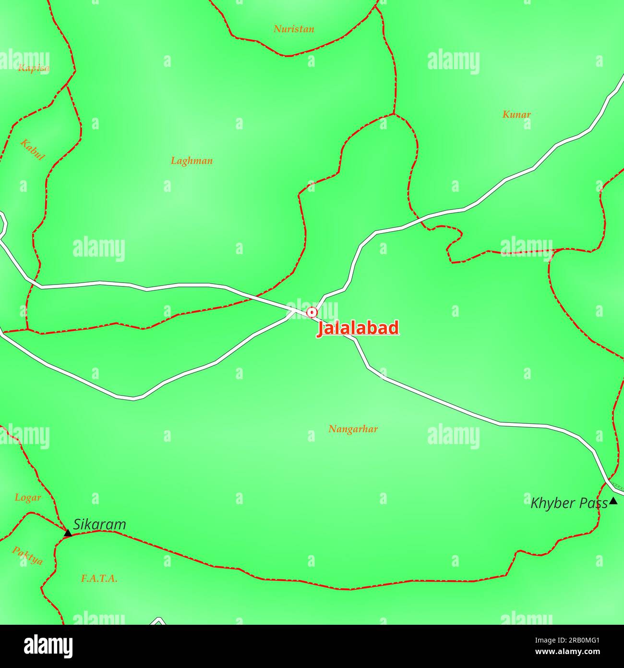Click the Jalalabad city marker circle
coord(312,312)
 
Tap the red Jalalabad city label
coord(358,328)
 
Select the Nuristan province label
coord(294,29)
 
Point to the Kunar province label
coord(516,114)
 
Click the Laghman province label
coord(192,161)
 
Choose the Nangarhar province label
coord(353,429)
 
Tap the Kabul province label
coord(33,150)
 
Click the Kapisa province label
coord(33,68)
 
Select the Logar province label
coord(28,497)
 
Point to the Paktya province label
coord(27,556)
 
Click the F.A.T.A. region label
coord(99,579)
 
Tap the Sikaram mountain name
coord(99,525)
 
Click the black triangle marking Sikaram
coord(68,532)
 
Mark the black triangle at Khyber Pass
coord(613,501)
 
